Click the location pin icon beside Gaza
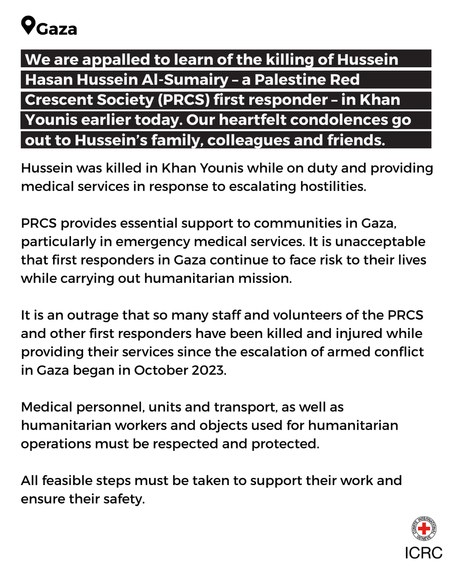click(28, 25)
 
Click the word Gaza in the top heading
click(56, 29)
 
